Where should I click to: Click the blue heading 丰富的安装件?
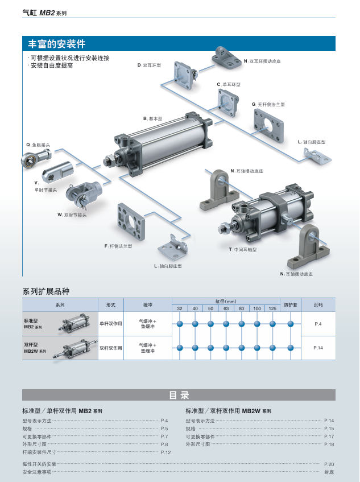pyautogui.click(x=57, y=44)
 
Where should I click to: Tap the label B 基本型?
pyautogui.click(x=153, y=118)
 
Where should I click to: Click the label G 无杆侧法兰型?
pyautogui.click(x=268, y=104)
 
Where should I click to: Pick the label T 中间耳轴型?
pyautogui.click(x=243, y=249)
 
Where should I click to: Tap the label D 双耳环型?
pyautogui.click(x=150, y=65)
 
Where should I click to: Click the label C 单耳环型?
pyautogui.click(x=229, y=84)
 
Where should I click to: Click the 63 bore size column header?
pyautogui.click(x=226, y=308)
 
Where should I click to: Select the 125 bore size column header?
pyautogui.click(x=272, y=308)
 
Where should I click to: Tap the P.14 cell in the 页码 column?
pyautogui.click(x=318, y=347)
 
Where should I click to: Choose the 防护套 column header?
pyautogui.click(x=290, y=304)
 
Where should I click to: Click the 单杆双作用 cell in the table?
pyautogui.click(x=111, y=323)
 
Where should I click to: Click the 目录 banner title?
pyautogui.click(x=179, y=395)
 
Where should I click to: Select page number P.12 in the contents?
pyautogui.click(x=165, y=452)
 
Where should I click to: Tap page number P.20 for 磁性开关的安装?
pyautogui.click(x=329, y=464)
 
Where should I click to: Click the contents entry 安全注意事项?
pyautogui.click(x=37, y=472)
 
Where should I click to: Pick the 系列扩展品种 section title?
pyautogui.click(x=46, y=291)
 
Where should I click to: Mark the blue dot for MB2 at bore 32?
pyautogui.click(x=180, y=324)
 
